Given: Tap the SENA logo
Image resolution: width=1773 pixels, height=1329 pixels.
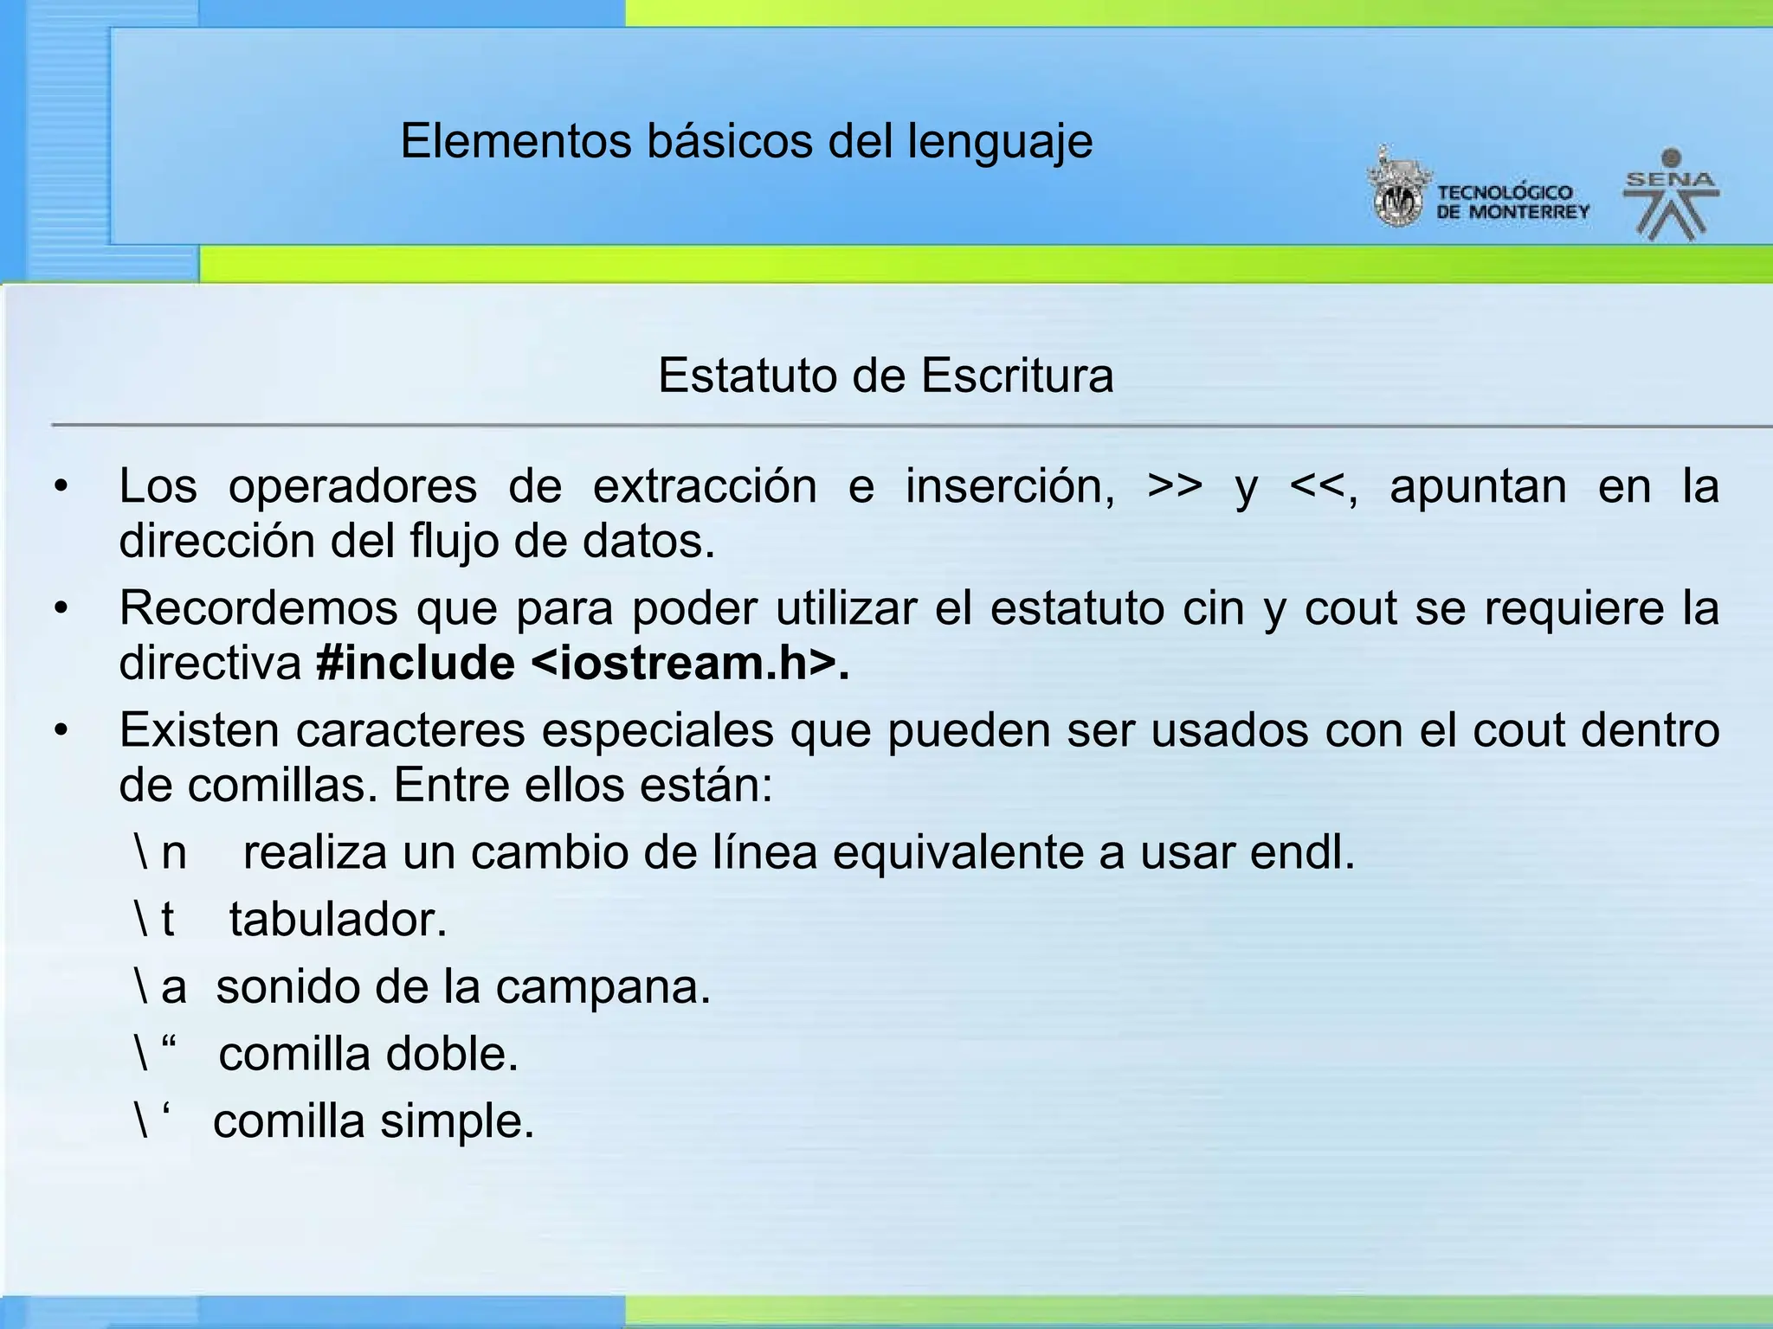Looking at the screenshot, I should [x=1671, y=196].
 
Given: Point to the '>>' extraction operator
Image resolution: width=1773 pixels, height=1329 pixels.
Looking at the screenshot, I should [x=1175, y=487].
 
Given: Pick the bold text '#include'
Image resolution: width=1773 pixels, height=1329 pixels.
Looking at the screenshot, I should [x=416, y=664].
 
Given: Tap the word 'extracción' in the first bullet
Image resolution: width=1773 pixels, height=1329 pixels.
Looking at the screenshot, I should [x=705, y=487].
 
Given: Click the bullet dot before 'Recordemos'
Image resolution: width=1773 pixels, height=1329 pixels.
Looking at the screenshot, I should [x=60, y=609].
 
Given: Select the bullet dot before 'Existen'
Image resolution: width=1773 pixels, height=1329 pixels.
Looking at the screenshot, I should [x=60, y=731].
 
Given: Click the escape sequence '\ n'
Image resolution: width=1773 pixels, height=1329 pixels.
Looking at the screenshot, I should [x=160, y=853].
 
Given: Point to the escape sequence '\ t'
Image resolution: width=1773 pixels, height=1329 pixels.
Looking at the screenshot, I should [x=154, y=920].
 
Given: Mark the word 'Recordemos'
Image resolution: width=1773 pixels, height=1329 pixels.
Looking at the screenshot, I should [x=258, y=609].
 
